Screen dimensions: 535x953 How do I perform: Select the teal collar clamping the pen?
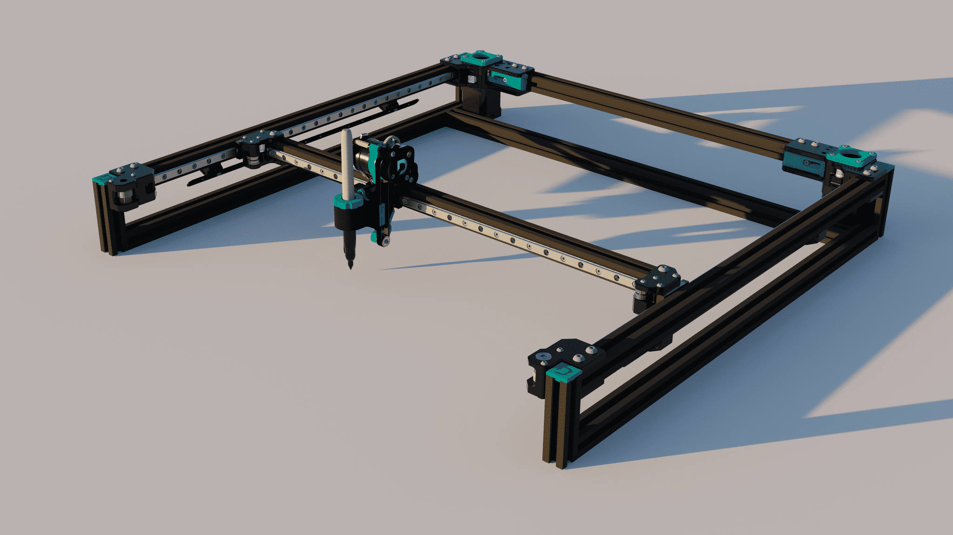click(x=348, y=201)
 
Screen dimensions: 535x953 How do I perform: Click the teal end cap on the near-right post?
click(x=564, y=372)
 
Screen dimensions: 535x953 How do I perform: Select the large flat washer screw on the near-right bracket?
click(x=543, y=356)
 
